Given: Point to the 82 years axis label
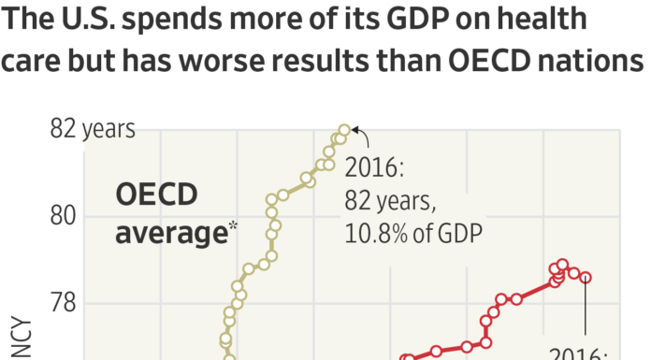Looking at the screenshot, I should pyautogui.click(x=93, y=129).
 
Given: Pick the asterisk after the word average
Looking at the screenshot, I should pyautogui.click(x=232, y=224).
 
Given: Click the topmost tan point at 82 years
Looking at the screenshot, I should pyautogui.click(x=344, y=130).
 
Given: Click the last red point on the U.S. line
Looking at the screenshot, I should pyautogui.click(x=586, y=277).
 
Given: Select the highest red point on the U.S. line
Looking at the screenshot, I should pyautogui.click(x=562, y=265).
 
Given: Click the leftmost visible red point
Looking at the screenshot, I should pyautogui.click(x=406, y=358).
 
